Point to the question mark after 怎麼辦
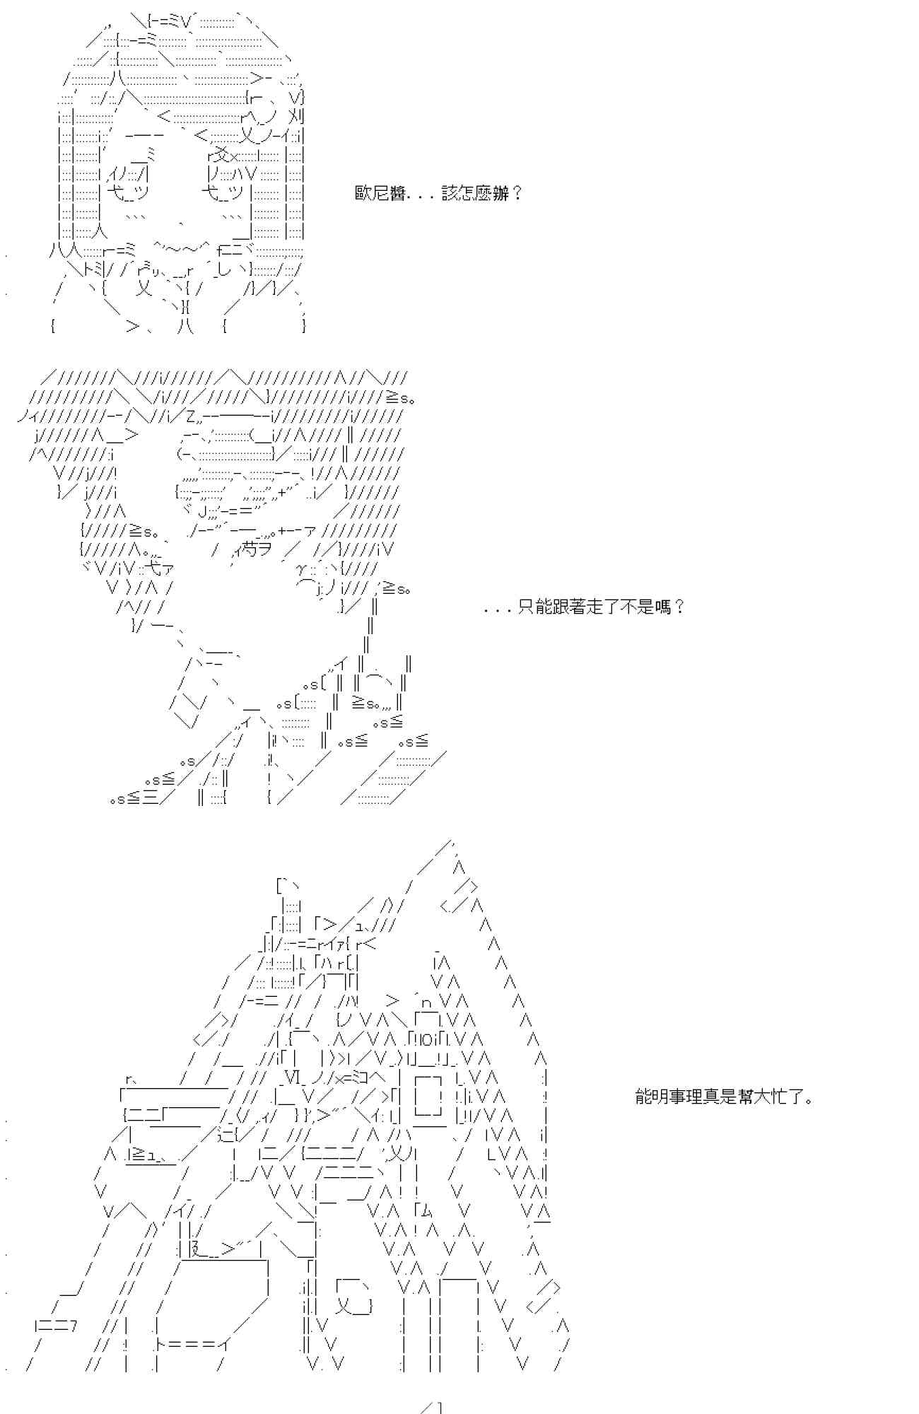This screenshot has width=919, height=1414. click(x=517, y=193)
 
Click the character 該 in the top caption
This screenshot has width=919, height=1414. click(x=450, y=193)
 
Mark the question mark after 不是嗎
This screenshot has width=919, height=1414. click(x=679, y=607)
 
